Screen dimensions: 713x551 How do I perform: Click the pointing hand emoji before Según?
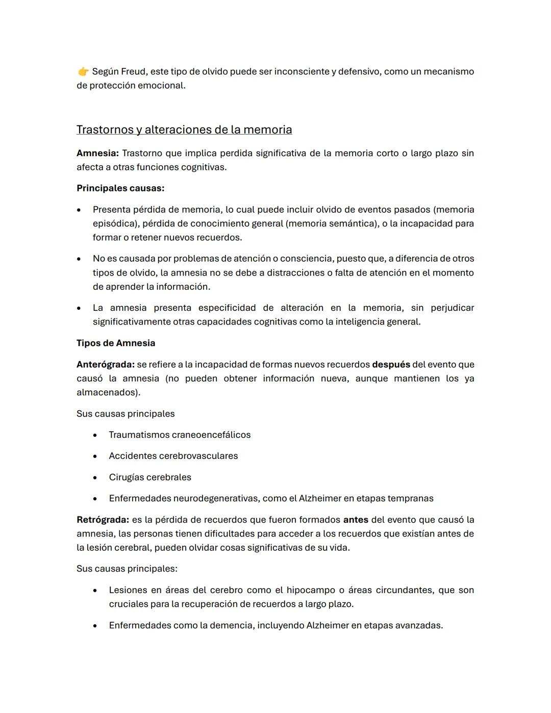(x=83, y=71)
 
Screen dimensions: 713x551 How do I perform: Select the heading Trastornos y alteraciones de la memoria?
(x=184, y=130)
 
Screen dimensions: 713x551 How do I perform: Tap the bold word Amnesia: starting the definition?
(x=97, y=153)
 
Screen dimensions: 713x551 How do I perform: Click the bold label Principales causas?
(x=120, y=188)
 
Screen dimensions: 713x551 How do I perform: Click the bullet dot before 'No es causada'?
(x=79, y=259)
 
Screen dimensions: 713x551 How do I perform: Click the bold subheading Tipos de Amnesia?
(x=116, y=343)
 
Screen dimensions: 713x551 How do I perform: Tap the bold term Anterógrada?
(x=106, y=364)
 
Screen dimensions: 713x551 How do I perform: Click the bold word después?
(x=391, y=364)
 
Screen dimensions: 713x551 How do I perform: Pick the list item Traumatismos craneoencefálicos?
(x=180, y=435)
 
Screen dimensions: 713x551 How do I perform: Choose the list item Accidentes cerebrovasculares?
(x=173, y=456)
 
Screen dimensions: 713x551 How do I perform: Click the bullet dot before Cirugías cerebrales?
(x=95, y=478)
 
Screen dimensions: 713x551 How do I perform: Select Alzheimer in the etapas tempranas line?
(x=320, y=498)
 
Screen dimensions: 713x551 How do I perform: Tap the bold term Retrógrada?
(x=103, y=520)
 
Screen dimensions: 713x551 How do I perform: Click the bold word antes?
(x=356, y=520)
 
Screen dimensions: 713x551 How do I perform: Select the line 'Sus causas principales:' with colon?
(x=127, y=569)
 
